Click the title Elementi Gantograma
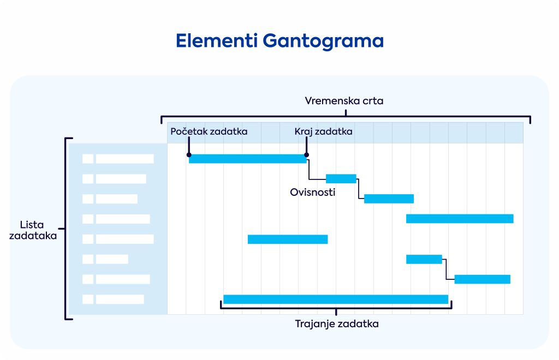pos(279,40)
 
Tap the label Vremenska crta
pos(344,101)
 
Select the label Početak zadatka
pos(209,131)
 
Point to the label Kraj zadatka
pos(323,132)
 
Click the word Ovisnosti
pos(313,193)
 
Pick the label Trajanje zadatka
pos(337,324)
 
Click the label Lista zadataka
pos(33,230)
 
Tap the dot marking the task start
pos(189,155)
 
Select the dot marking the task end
pos(307,155)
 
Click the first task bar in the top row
pos(248,159)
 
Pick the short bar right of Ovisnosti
pos(341,179)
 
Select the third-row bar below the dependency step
pos(389,199)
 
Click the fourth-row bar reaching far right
pos(460,219)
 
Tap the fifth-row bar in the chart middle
pos(288,239)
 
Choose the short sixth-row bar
pos(424,259)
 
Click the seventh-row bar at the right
pos(483,279)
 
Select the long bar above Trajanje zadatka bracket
pos(336,299)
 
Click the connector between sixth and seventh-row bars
pos(447,269)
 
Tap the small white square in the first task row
pos(88,159)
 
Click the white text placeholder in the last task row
pos(120,299)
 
